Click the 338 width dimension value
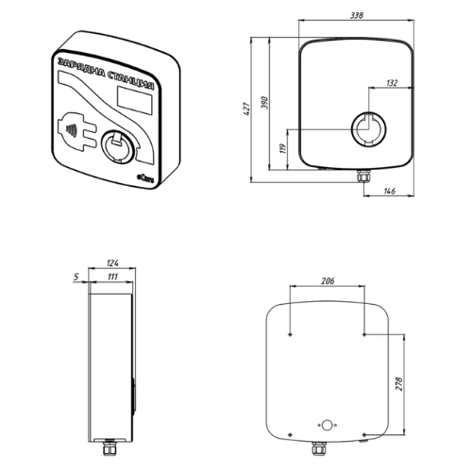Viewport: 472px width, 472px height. [357, 15]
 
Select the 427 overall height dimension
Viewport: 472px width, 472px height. [247, 109]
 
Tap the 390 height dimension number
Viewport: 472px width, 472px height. [265, 103]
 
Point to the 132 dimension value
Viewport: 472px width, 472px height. [392, 83]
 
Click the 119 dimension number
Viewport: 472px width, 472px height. [283, 148]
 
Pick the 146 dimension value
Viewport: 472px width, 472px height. [390, 191]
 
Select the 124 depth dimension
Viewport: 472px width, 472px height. [112, 262]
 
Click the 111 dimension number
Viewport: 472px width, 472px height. [112, 277]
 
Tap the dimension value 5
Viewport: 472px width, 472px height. [76, 277]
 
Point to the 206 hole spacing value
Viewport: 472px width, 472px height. [328, 280]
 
